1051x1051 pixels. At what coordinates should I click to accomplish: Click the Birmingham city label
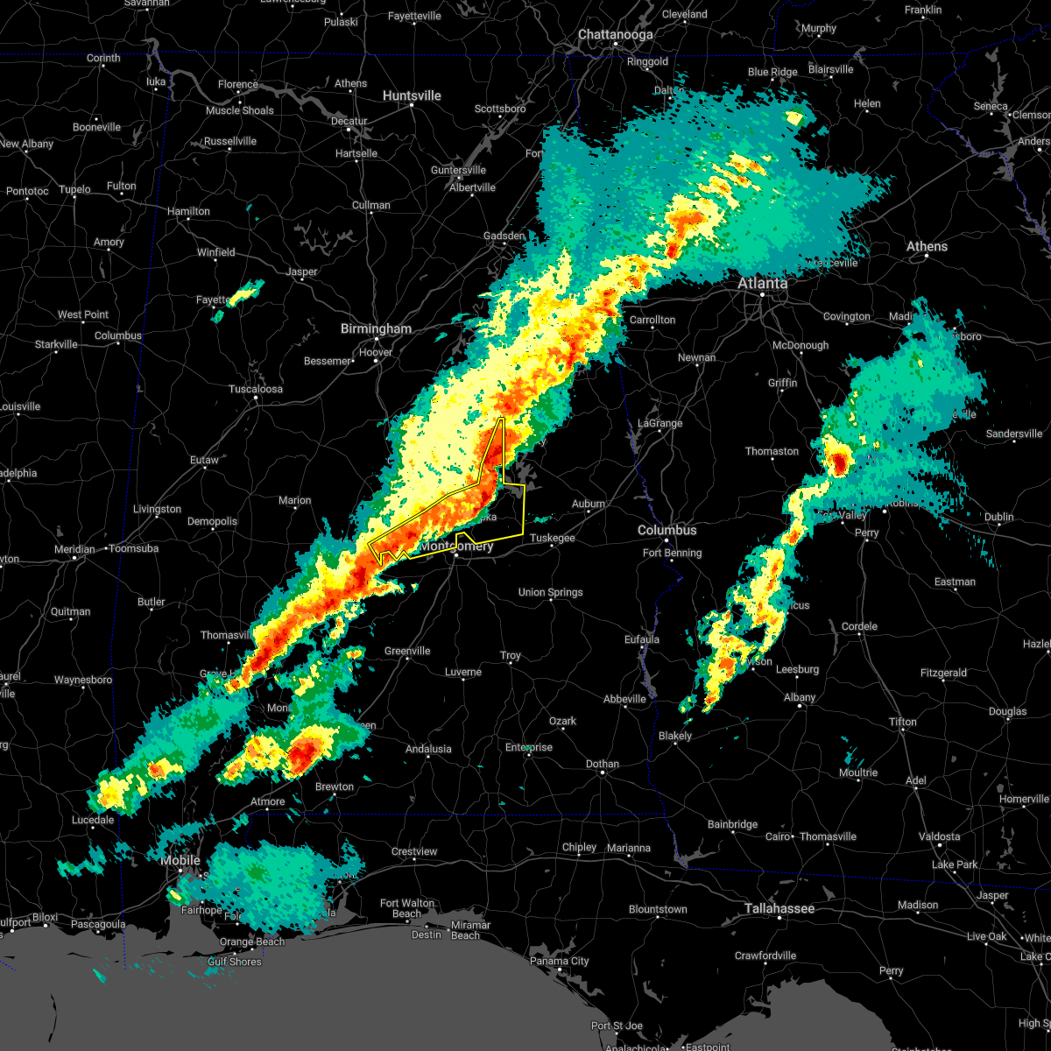(376, 329)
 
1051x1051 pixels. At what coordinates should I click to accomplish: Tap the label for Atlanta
(762, 284)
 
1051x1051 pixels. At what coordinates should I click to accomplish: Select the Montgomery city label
(456, 547)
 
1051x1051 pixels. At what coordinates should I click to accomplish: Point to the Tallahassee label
(779, 909)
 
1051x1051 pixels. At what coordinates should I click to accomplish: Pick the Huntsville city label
(412, 95)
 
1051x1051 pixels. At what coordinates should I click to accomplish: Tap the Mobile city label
(180, 861)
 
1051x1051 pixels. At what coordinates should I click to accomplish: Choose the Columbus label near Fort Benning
(667, 531)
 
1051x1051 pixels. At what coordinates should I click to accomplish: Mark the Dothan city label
(602, 764)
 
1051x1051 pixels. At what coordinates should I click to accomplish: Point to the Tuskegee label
(552, 539)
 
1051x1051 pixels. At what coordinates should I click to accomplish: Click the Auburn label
(589, 504)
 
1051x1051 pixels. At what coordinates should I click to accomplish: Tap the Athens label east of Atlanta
(927, 247)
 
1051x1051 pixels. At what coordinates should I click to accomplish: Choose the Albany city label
(800, 697)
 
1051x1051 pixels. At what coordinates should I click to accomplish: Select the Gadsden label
(504, 236)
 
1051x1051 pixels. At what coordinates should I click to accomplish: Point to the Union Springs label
(551, 593)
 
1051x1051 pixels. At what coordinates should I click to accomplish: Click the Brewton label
(335, 786)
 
